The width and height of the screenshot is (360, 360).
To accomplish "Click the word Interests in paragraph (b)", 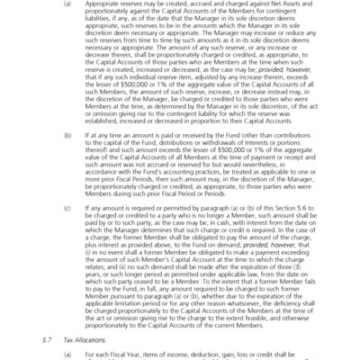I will [x=223, y=174].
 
